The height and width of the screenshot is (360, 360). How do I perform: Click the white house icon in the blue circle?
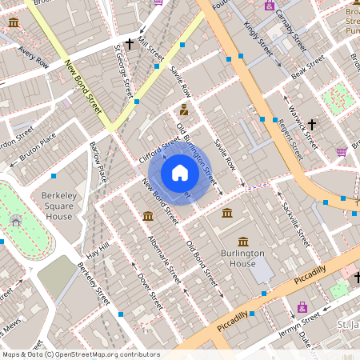(180, 173)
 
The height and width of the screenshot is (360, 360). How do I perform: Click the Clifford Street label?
(160, 146)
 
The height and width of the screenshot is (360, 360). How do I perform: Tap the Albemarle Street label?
(164, 259)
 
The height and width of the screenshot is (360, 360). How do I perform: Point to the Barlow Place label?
(98, 163)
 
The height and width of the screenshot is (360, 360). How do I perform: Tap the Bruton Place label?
(38, 146)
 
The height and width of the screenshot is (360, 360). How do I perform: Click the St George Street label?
(122, 70)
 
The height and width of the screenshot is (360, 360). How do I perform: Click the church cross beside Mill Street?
(129, 44)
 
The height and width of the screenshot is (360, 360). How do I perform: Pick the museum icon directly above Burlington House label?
(228, 214)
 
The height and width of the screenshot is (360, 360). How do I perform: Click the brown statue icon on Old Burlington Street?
(184, 110)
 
